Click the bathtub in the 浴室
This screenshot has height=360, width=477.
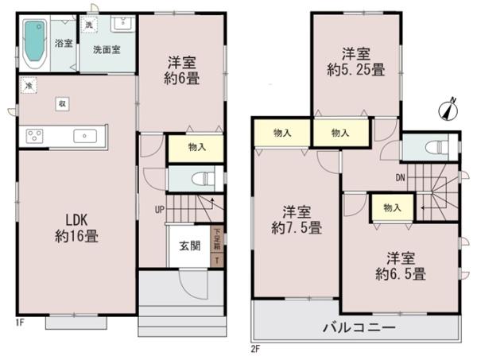point(35,44)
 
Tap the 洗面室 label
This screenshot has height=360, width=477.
point(105,49)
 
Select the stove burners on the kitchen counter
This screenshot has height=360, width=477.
point(37,136)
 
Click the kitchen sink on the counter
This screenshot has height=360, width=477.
point(83,136)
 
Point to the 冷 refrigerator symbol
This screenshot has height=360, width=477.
point(29,85)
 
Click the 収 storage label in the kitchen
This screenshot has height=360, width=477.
point(62,103)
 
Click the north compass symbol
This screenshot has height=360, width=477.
point(449,108)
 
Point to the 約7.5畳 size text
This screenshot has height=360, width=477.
point(296,227)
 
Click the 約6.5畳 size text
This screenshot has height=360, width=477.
point(401,273)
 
